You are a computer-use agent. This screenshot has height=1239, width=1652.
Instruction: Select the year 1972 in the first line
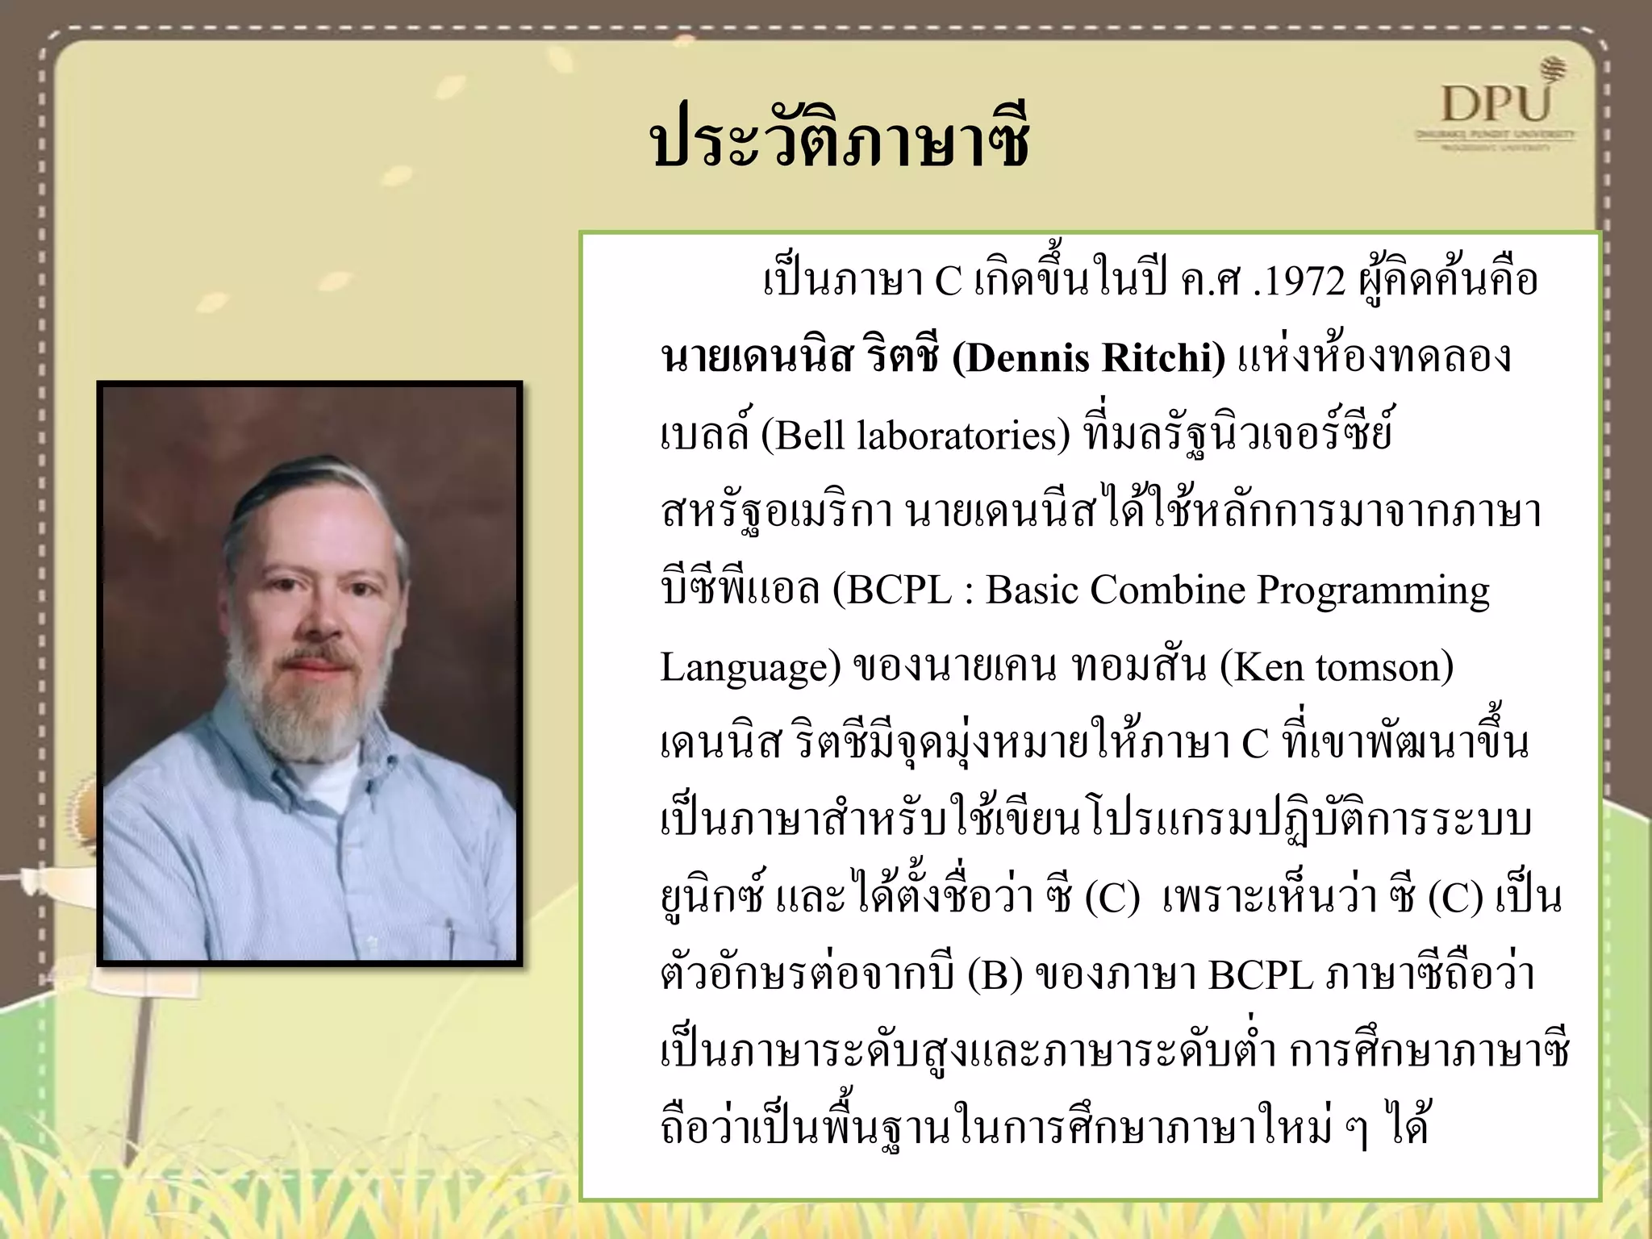tap(1300, 282)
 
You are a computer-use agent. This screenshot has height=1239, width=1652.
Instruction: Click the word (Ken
tap(1260, 668)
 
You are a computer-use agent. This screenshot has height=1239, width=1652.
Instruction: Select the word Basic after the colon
tap(1034, 590)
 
